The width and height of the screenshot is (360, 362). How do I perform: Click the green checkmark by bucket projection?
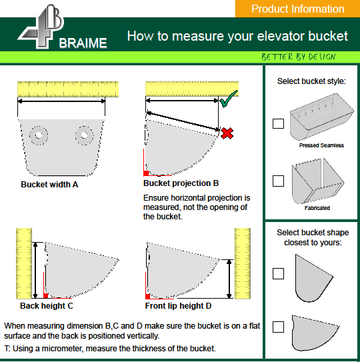tap(229, 101)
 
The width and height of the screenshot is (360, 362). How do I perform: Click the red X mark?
tap(227, 133)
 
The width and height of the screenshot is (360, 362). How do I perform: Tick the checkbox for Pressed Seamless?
tap(278, 123)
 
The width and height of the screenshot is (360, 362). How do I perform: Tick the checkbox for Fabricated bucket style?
tap(278, 181)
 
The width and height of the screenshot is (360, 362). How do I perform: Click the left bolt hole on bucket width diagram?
tap(40, 135)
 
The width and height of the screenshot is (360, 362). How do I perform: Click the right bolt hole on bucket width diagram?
tap(84, 135)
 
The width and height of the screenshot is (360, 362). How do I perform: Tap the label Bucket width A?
tap(49, 184)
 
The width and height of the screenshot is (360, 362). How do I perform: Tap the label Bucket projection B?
tap(181, 183)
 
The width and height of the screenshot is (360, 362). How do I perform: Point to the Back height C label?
tap(47, 306)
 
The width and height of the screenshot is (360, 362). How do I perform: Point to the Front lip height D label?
tap(179, 306)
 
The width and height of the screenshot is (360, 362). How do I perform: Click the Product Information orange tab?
tap(297, 9)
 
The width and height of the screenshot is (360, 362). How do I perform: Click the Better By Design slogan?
tap(298, 57)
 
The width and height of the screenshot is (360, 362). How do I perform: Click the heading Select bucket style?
tap(311, 81)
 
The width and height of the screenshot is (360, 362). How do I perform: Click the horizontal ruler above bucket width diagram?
tap(67, 88)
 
